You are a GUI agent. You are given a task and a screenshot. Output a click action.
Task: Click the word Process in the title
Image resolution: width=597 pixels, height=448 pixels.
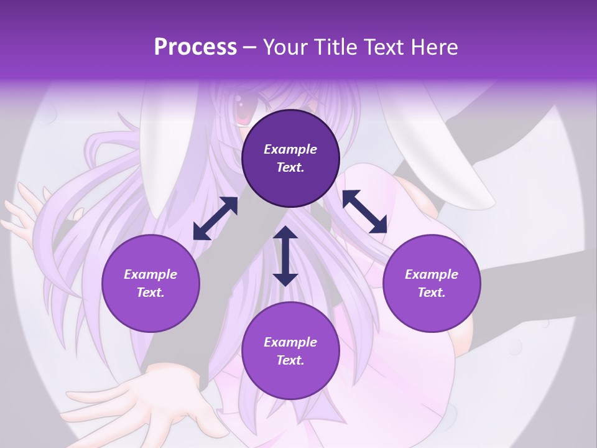(195, 47)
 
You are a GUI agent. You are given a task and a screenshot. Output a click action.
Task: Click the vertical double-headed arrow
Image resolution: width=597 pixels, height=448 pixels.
(285, 256)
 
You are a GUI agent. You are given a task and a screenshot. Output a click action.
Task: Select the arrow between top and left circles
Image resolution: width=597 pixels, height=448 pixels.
(215, 218)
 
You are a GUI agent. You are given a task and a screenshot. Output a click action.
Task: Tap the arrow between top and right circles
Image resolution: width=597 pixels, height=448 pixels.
(364, 212)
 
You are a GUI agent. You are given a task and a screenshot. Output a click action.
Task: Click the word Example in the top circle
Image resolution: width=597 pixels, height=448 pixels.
(290, 149)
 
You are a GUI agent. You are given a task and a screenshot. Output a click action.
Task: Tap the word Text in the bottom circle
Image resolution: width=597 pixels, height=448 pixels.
(290, 360)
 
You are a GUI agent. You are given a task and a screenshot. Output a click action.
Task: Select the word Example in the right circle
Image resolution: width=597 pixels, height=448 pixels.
(432, 274)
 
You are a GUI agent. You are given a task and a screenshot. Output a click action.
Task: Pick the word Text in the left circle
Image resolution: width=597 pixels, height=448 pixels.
(150, 292)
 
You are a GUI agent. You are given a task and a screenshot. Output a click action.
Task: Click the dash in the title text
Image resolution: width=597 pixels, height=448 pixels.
(249, 48)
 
